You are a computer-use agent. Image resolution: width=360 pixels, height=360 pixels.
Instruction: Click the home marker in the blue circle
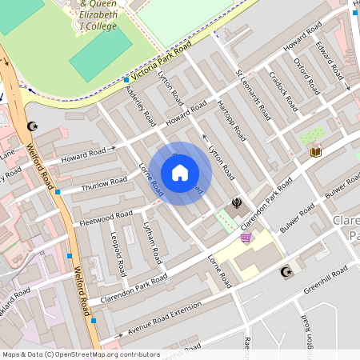(180, 173)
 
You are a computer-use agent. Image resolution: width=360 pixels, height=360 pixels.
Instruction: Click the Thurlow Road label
(104, 184)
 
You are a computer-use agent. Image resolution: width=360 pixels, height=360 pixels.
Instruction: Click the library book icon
(315, 151)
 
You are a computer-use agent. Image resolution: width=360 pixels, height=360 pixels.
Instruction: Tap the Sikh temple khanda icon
(237, 204)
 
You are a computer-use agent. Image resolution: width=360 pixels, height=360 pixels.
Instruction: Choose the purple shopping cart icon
(246, 238)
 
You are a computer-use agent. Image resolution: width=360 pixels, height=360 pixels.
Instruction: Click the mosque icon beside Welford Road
(33, 126)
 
